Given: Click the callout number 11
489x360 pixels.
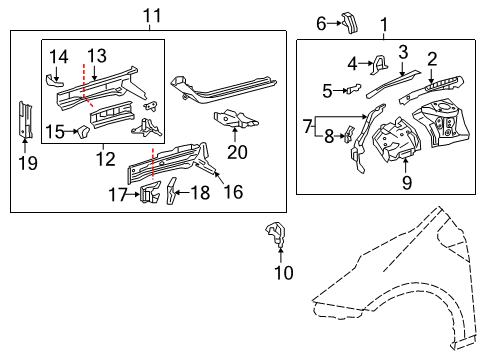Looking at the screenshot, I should (x=151, y=16).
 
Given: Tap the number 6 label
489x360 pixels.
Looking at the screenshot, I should (x=321, y=23).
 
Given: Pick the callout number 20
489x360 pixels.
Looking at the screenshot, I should (x=236, y=151).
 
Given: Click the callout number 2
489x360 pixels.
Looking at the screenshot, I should (x=432, y=57).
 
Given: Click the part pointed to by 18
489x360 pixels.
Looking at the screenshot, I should (x=171, y=189).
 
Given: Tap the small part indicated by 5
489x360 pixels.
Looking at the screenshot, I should (x=349, y=90).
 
